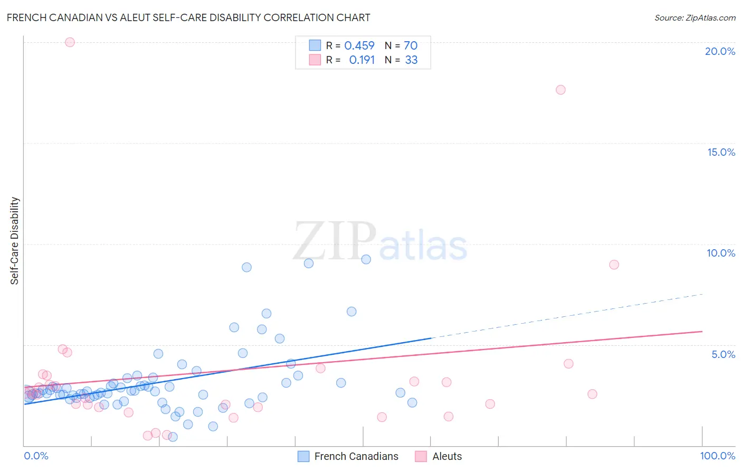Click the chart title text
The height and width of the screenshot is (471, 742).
click(x=188, y=17)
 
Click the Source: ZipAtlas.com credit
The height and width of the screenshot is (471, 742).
click(x=695, y=17)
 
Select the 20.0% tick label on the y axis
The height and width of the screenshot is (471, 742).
click(x=720, y=51)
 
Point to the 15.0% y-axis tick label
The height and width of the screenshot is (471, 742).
click(x=721, y=152)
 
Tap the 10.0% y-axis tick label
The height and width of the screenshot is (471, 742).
click(x=721, y=253)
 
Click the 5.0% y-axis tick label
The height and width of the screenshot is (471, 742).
click(x=723, y=354)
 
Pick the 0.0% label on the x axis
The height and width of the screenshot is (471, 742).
click(x=36, y=456)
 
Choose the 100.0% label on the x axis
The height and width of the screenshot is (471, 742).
click(x=717, y=456)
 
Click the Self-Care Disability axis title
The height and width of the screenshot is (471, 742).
click(x=15, y=241)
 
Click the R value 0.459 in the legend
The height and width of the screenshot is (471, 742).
click(x=359, y=46)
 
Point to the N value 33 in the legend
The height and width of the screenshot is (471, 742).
click(x=411, y=60)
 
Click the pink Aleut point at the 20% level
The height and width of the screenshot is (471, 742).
click(x=70, y=42)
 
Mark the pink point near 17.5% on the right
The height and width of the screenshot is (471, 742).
click(x=560, y=90)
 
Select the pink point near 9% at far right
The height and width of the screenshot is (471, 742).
click(x=614, y=265)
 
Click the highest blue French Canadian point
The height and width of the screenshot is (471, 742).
click(x=366, y=259)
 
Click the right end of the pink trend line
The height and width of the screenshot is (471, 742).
click(x=701, y=332)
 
